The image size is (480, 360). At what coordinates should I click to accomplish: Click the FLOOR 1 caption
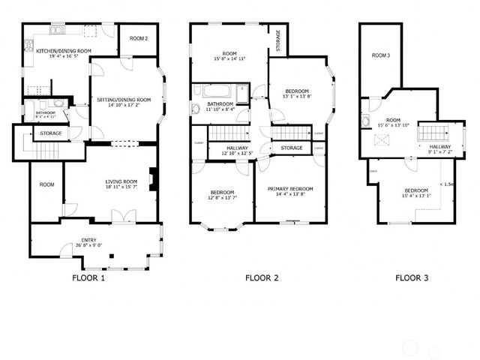tap(88, 278)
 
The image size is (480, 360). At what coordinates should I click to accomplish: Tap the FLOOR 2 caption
tap(262, 278)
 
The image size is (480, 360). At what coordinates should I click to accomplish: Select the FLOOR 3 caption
tap(412, 278)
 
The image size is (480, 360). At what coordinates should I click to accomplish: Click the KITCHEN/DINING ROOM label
tap(64, 50)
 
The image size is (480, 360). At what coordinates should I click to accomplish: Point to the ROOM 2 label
tap(139, 38)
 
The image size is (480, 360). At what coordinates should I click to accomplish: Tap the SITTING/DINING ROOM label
tap(124, 99)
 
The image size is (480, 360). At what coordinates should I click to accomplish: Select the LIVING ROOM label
tap(120, 181)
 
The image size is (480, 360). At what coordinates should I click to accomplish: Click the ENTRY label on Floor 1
tap(88, 240)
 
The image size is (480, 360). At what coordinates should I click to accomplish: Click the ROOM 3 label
tap(381, 55)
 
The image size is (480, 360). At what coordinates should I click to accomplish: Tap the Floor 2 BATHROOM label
tap(220, 103)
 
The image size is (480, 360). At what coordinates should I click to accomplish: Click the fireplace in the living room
tap(153, 179)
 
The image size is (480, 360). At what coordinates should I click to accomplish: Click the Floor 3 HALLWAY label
tap(440, 146)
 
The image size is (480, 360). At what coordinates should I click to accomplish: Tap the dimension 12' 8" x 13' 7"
tap(222, 199)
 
